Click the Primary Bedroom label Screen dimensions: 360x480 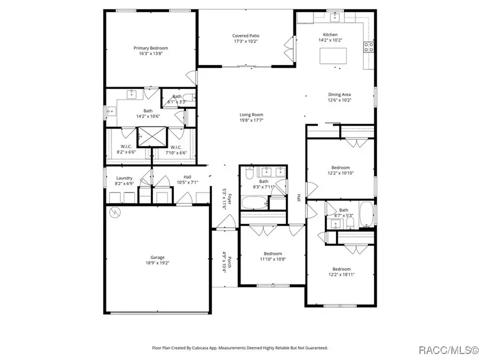coord(150,48)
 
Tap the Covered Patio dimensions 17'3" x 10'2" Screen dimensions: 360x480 coord(246,41)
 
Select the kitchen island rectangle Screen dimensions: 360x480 coord(332,55)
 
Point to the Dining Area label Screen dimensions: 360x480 coord(339,94)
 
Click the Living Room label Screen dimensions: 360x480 coord(251,115)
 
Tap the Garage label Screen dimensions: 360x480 coord(157,257)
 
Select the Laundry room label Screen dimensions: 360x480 coord(124,178)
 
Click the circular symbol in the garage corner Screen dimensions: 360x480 coord(114,213)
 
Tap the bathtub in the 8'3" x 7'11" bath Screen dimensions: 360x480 coord(253,203)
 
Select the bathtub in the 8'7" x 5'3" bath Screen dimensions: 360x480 coord(366,214)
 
